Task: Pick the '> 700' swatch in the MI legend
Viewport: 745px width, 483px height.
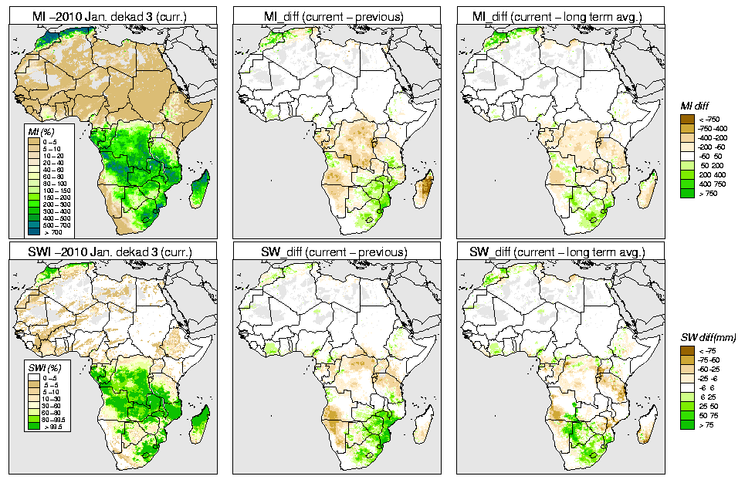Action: [35, 231]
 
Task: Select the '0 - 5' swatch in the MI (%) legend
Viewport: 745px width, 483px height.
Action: [35, 143]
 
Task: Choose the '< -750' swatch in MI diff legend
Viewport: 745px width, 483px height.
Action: [685, 119]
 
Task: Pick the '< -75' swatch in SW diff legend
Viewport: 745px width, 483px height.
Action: [685, 350]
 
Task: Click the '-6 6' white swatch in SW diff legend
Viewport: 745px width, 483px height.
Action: [685, 387]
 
